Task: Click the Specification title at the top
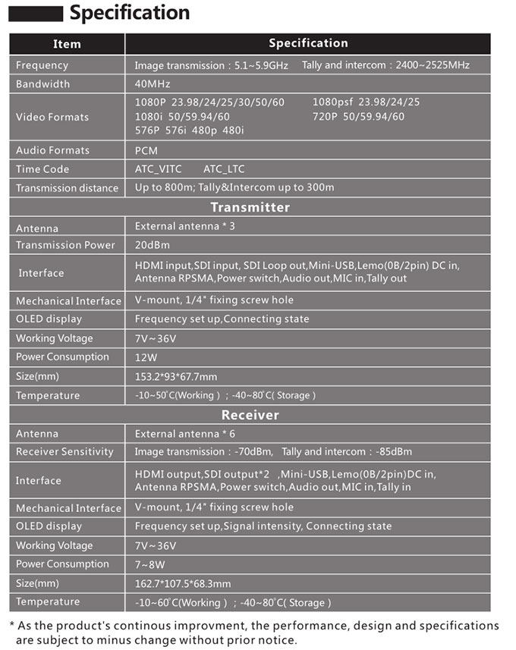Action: (129, 13)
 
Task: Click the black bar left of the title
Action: (35, 14)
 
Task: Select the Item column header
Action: (67, 44)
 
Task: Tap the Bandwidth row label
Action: (42, 84)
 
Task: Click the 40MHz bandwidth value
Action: (153, 84)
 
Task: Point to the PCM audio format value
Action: (146, 151)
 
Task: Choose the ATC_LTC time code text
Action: (224, 169)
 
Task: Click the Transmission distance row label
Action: (67, 188)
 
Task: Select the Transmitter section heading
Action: (250, 207)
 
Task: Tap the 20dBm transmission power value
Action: (153, 245)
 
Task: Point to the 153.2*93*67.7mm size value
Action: (176, 377)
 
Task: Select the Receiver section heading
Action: (250, 415)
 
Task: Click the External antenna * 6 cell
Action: (185, 434)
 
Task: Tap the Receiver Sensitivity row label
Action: (64, 452)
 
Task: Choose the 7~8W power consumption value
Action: (150, 564)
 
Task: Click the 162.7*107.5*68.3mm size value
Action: (183, 584)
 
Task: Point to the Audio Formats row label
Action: (52, 151)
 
